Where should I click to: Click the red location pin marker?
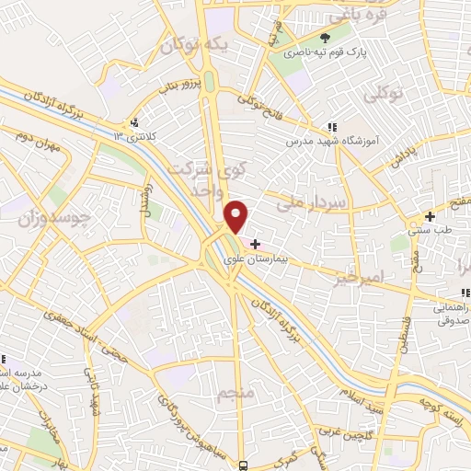(x=237, y=217)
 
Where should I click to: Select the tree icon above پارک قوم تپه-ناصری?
(x=324, y=37)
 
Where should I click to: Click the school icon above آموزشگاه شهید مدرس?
(x=332, y=128)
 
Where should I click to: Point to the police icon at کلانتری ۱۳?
(x=135, y=122)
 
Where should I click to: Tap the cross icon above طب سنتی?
(x=429, y=216)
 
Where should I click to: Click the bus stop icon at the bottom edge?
(x=243, y=465)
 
